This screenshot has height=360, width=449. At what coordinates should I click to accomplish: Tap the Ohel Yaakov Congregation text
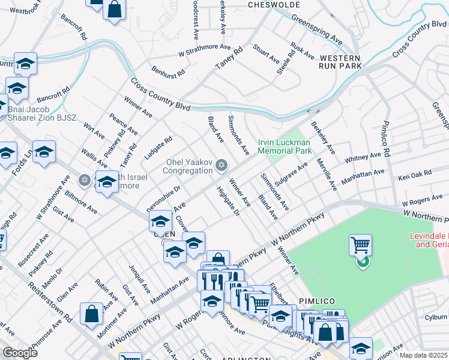(x=190, y=169)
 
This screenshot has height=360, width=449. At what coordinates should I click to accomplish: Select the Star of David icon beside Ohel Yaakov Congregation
(x=221, y=165)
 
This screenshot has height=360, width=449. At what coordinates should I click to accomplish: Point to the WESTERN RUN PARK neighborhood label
(x=340, y=61)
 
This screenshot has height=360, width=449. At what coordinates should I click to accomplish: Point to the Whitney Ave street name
(x=363, y=158)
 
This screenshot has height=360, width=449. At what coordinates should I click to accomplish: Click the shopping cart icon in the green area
(x=360, y=245)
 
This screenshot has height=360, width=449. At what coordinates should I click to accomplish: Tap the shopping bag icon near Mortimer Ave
(x=91, y=313)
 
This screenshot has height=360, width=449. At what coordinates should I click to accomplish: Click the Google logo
(x=20, y=353)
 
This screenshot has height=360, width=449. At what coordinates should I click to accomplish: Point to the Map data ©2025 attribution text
(x=423, y=355)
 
